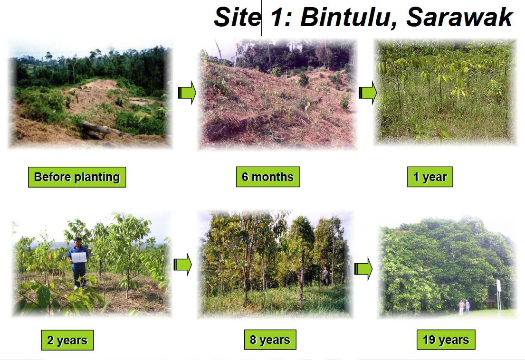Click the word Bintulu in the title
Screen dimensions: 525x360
click(349, 17)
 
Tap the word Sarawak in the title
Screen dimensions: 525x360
click(459, 17)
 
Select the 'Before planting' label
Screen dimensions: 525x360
click(77, 177)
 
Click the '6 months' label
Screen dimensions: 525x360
click(268, 177)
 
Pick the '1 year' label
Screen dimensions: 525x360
click(430, 177)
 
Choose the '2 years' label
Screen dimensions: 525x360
click(67, 340)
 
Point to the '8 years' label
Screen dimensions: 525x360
click(270, 340)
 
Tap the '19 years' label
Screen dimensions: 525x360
click(446, 340)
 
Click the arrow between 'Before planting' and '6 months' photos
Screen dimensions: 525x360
click(187, 92)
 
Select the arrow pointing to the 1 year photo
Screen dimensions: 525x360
click(368, 92)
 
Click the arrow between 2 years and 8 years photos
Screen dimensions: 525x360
click(182, 265)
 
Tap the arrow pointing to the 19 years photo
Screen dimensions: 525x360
click(363, 269)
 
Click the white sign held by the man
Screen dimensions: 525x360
click(79, 257)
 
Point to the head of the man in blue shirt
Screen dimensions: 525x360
click(77, 242)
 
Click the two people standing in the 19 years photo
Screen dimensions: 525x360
click(464, 307)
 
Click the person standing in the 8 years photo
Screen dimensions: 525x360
click(325, 275)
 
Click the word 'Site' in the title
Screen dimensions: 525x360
click(237, 17)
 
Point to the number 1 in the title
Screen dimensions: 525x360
click(278, 17)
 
